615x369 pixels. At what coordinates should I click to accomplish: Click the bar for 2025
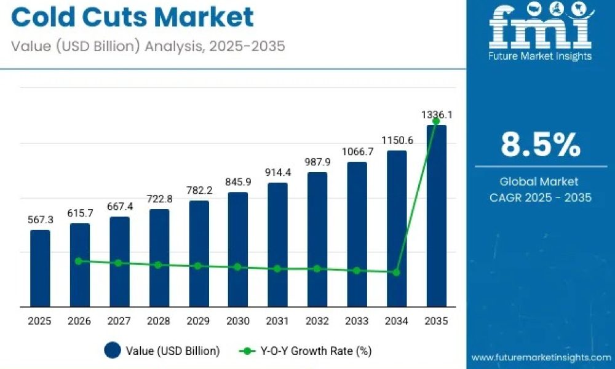point(40,268)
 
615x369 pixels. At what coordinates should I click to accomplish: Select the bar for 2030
point(237,250)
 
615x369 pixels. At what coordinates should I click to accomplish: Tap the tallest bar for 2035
point(436,216)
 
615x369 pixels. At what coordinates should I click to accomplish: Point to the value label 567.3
point(41,220)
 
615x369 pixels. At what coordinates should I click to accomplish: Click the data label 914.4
point(278,173)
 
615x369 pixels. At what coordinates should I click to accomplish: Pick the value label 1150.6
point(397,140)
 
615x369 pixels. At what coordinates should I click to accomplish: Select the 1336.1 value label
point(437,115)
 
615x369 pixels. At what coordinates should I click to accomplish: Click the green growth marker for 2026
point(79,261)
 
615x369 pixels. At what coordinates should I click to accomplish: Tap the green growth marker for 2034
point(397,272)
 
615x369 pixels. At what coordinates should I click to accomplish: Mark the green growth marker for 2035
point(436,121)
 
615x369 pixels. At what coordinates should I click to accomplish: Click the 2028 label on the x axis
point(159,321)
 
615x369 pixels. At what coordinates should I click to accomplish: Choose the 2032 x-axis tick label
point(317,321)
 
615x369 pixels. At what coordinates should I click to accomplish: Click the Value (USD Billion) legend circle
point(113,350)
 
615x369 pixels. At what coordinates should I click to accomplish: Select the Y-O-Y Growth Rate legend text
point(316,351)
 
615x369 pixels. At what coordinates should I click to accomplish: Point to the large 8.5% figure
point(541,145)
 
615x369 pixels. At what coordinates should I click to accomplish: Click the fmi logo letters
point(541,28)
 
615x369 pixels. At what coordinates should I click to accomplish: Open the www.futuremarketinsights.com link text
point(541,358)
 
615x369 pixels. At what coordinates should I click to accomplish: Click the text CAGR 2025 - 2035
point(541,197)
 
